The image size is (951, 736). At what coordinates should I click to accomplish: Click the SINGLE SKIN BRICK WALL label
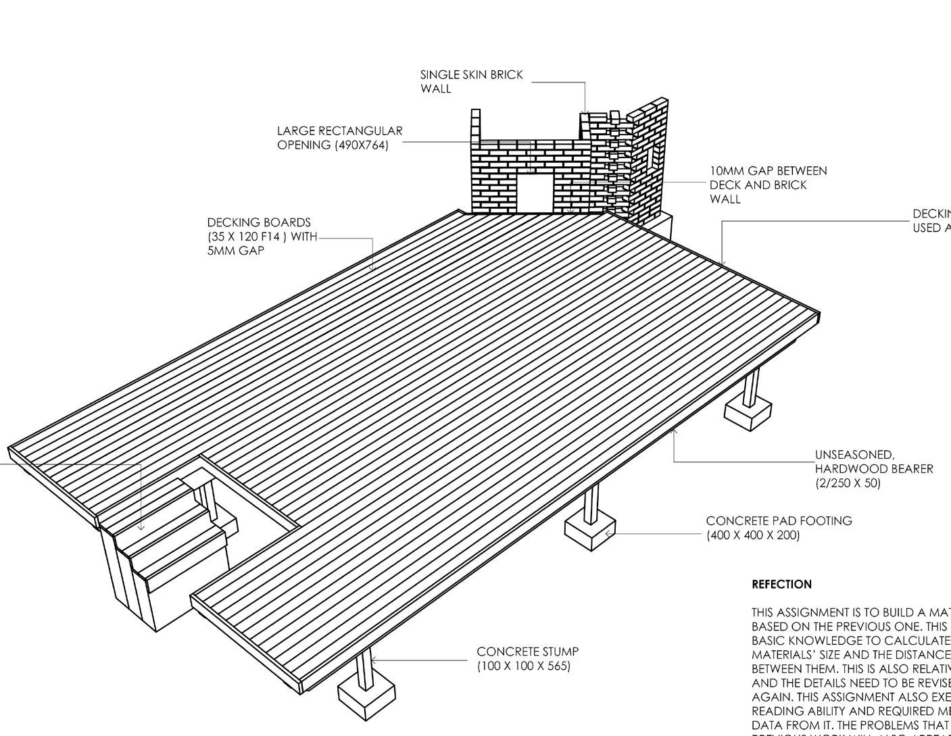(x=471, y=81)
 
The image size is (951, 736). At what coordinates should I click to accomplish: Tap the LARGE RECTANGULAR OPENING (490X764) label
(x=339, y=138)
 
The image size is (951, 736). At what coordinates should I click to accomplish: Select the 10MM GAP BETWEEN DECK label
(x=768, y=185)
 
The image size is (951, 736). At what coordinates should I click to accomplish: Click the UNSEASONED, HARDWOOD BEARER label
(x=873, y=468)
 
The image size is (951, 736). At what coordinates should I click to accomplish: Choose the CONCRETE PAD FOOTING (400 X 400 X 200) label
(x=779, y=528)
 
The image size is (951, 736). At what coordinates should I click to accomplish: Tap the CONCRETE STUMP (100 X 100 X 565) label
(x=527, y=659)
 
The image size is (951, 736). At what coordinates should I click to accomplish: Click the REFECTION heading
(x=781, y=585)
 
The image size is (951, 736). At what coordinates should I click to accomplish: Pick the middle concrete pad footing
(x=590, y=530)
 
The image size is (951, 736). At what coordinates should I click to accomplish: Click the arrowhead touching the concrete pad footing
(x=608, y=534)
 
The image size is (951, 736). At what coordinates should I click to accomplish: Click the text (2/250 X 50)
(x=848, y=483)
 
